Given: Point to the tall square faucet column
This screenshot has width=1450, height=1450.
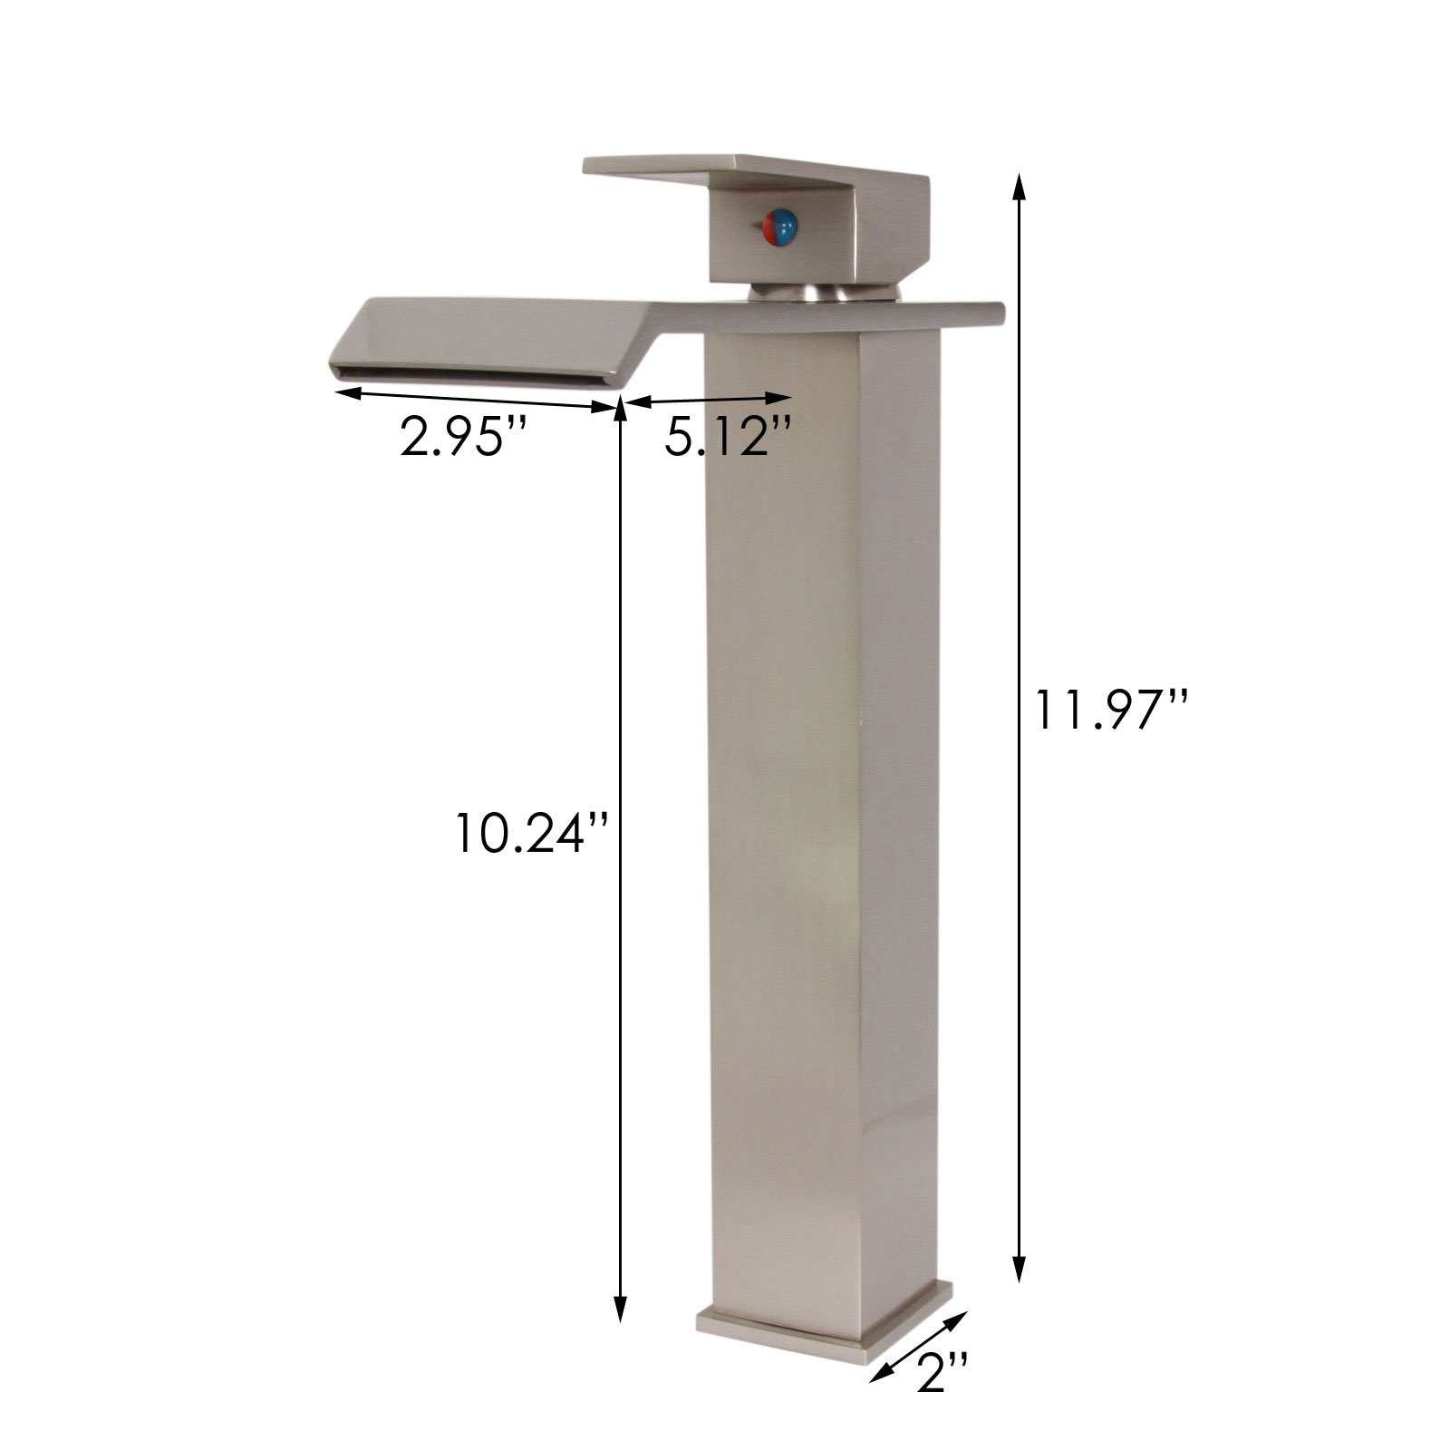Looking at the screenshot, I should pos(820,816).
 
